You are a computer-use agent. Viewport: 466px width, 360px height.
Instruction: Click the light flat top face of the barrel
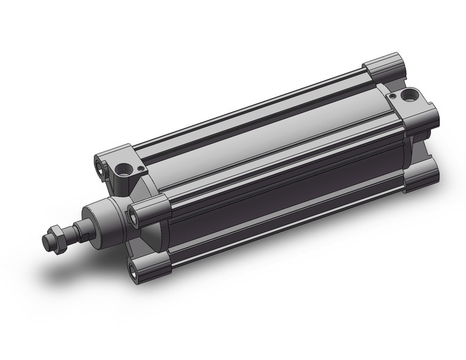tap(258, 135)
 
